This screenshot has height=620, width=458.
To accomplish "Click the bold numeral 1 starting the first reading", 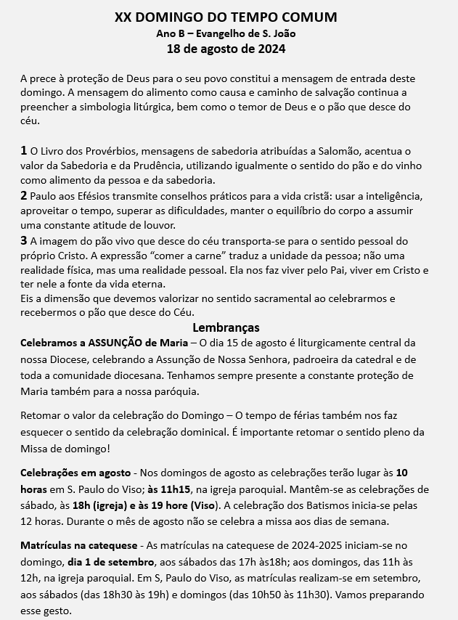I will (x=24, y=150).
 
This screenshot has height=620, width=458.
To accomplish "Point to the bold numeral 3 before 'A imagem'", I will (x=24, y=240).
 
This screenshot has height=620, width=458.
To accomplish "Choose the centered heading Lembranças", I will (x=226, y=327).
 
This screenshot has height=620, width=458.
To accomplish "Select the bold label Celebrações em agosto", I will (x=75, y=473).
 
